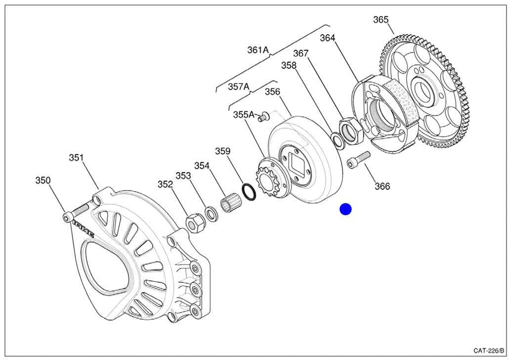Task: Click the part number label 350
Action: pyautogui.click(x=42, y=180)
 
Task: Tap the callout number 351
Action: pyautogui.click(x=76, y=158)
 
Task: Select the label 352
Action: pyautogui.click(x=165, y=184)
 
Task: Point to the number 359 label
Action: pyautogui.click(x=222, y=151)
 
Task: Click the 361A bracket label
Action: pyautogui.click(x=258, y=50)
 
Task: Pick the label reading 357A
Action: pyautogui.click(x=239, y=87)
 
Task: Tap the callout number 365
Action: pyautogui.click(x=381, y=20)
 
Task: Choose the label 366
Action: pyautogui.click(x=382, y=186)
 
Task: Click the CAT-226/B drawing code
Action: pyautogui.click(x=488, y=351)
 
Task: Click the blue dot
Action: pyautogui.click(x=345, y=209)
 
